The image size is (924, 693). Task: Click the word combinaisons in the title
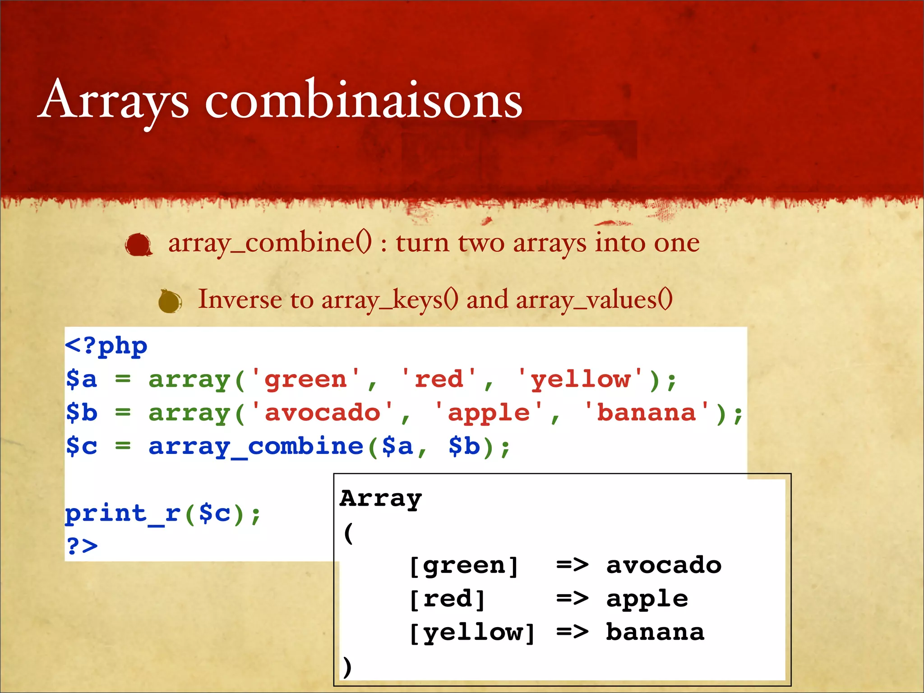pos(364,100)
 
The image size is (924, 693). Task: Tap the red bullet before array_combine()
pos(139,245)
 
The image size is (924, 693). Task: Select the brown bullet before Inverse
pos(170,301)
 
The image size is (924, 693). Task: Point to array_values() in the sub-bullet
pos(594,300)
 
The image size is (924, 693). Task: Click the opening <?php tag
pos(106,346)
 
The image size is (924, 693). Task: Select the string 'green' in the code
pos(305,379)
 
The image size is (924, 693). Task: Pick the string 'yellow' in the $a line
pos(580,379)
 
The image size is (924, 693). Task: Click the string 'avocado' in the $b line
pos(322,413)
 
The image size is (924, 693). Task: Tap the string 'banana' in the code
pos(646,413)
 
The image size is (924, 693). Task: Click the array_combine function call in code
pos(256,447)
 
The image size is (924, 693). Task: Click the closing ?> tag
pos(82,546)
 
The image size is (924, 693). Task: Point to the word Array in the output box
pos(381,499)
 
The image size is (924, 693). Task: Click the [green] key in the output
pos(463,566)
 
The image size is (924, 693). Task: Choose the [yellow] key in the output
pos(472,633)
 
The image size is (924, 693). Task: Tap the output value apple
pos(647,599)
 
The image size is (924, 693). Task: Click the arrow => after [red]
pos(572,599)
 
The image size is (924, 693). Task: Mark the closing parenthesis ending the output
pos(346,666)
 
